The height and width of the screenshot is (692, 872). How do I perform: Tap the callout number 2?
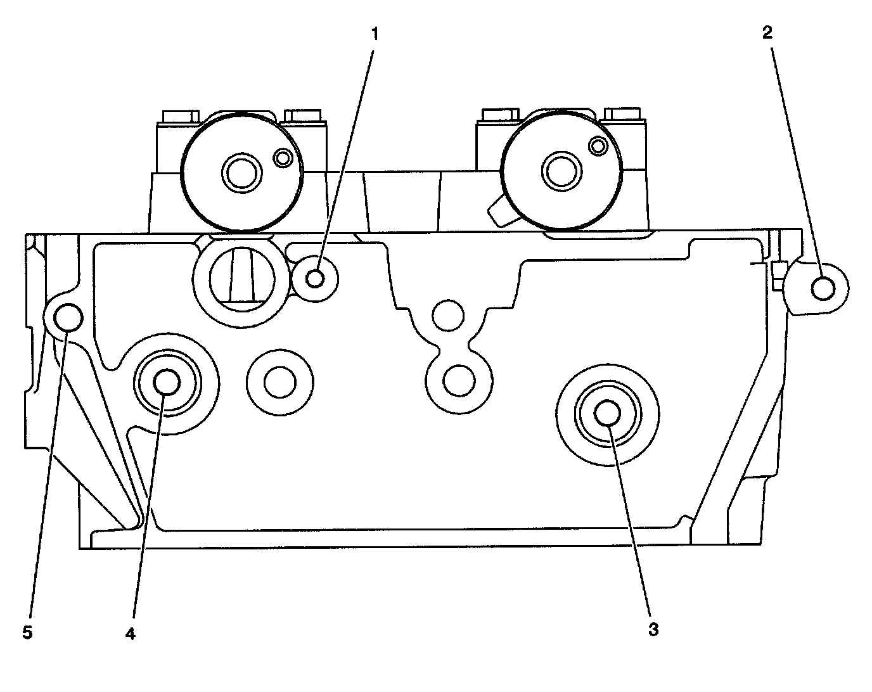coord(767,33)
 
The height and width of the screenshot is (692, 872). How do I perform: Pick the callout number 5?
coord(27,632)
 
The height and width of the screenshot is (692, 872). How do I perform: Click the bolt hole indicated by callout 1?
coord(316,278)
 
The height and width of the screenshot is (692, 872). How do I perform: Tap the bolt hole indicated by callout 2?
coord(823,288)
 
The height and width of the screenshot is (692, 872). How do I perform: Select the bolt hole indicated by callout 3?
coord(608,413)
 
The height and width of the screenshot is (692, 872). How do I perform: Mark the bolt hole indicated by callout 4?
coord(167,381)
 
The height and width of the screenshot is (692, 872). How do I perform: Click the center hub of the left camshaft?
coord(241,171)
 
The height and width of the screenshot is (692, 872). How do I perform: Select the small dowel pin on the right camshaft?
coord(597,146)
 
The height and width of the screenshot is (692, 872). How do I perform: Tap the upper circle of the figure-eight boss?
coord(447,315)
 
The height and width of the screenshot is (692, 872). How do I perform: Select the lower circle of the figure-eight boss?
coord(458,380)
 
